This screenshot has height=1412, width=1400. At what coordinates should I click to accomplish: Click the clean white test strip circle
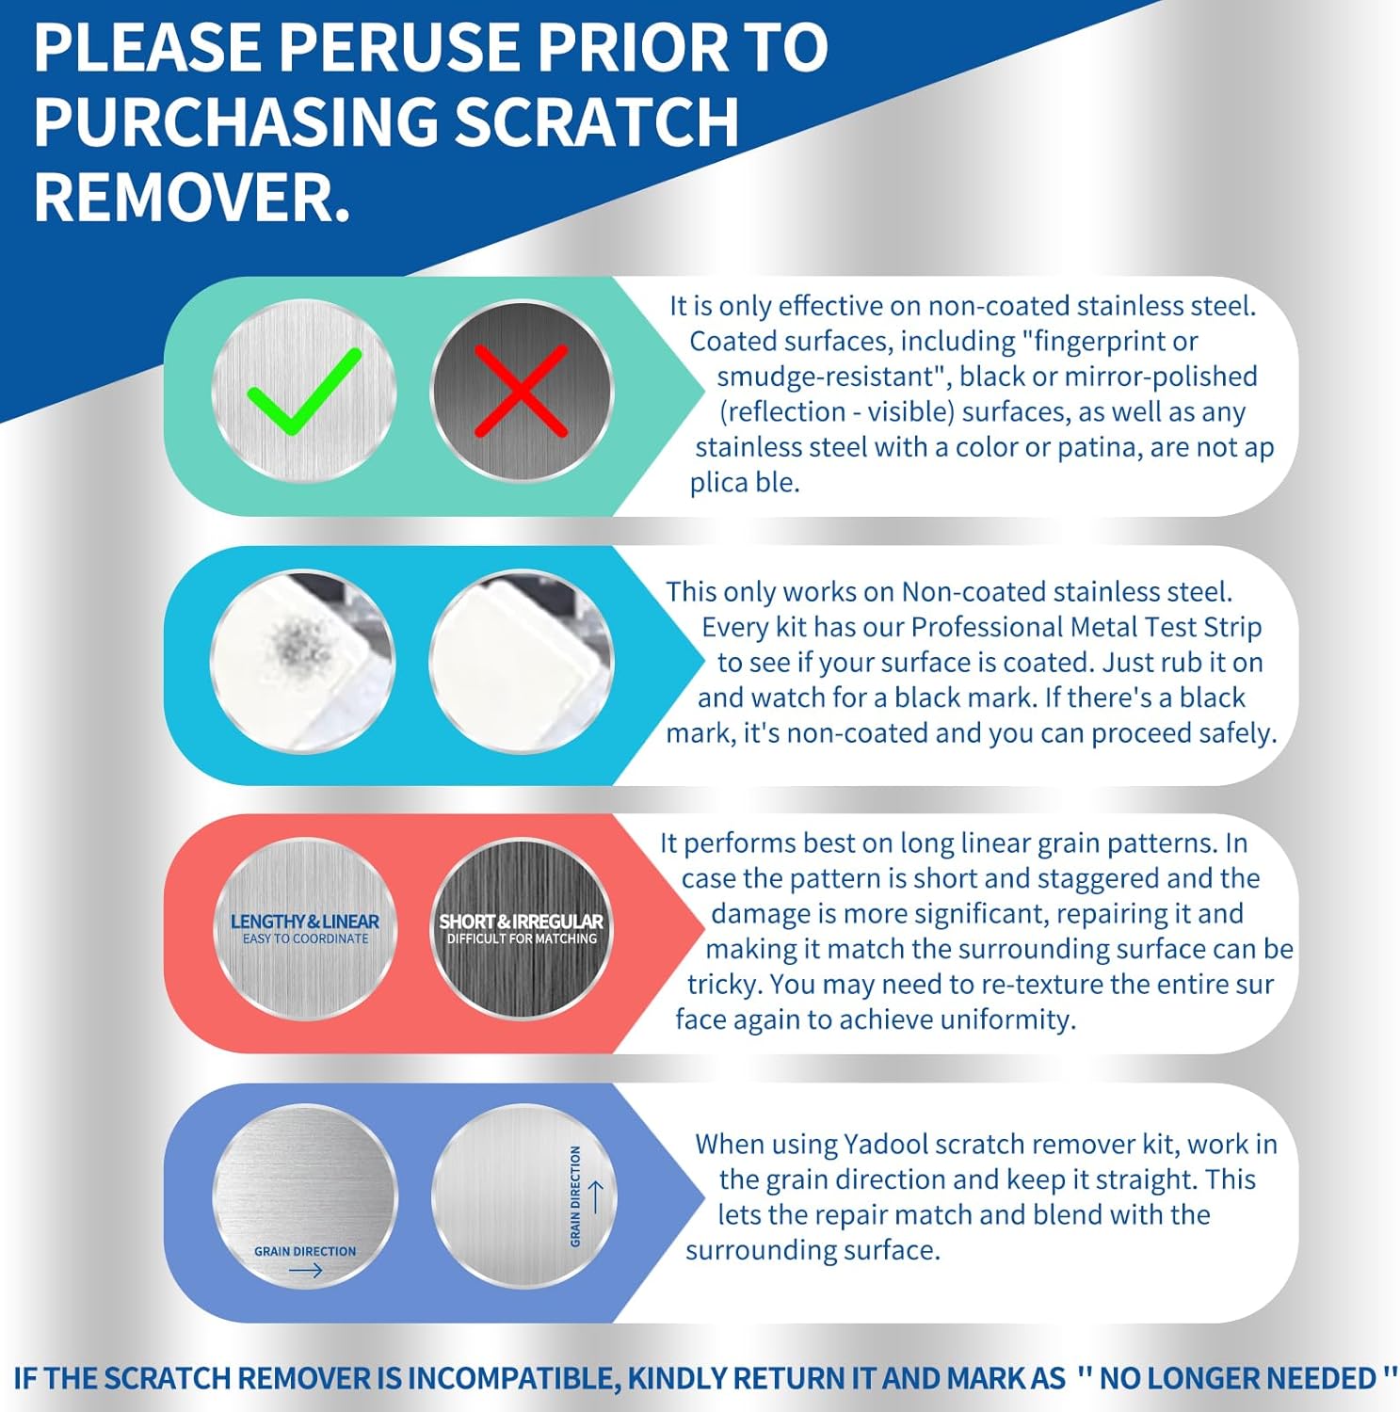(x=521, y=662)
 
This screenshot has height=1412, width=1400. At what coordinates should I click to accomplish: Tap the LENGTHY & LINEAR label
(x=304, y=922)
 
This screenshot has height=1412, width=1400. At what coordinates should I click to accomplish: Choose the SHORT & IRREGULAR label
(x=521, y=922)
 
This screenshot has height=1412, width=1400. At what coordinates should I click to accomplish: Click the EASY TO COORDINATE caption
(x=305, y=939)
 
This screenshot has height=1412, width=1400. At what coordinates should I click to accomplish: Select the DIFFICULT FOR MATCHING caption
(x=522, y=939)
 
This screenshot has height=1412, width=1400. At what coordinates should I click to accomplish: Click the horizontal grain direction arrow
(x=305, y=1271)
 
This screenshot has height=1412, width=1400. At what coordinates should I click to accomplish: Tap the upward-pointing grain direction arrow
(x=595, y=1196)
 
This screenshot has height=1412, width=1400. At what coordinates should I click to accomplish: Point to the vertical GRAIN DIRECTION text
(x=575, y=1196)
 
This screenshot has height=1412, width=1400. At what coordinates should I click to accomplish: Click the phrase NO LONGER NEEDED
(x=1237, y=1378)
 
